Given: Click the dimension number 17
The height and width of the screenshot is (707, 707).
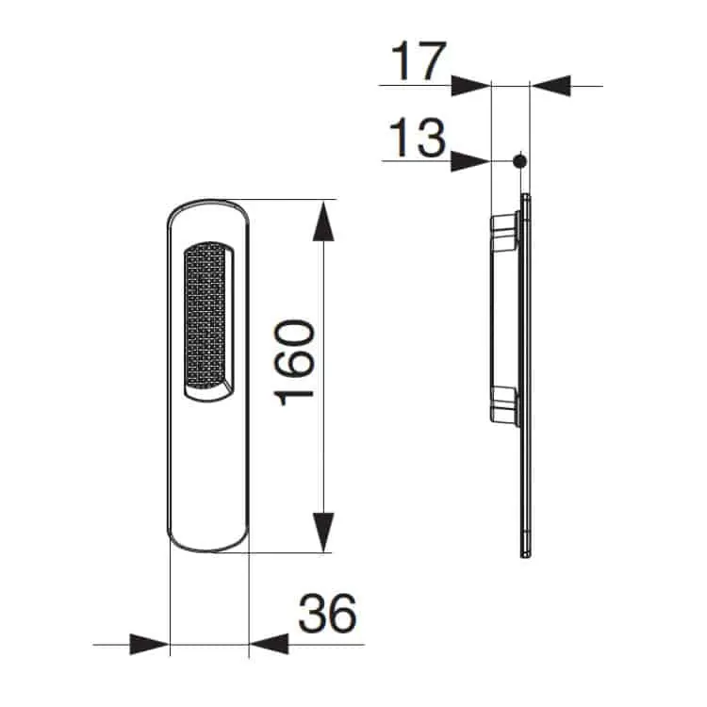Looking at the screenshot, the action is (x=419, y=61).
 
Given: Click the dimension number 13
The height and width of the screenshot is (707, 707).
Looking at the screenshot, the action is (x=418, y=138).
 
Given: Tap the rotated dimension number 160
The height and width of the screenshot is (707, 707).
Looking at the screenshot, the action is (x=293, y=363).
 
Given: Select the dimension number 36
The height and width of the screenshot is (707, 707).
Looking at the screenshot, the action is (x=327, y=614).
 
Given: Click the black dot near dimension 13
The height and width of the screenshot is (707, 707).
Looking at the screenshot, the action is (x=519, y=161).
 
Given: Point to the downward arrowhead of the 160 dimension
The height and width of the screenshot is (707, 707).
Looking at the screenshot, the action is (x=323, y=532).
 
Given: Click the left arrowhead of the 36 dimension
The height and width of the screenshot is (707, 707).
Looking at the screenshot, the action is (x=149, y=644).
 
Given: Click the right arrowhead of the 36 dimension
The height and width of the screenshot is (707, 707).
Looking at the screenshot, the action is (x=269, y=644).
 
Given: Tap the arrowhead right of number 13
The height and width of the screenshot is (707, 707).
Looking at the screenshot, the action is (x=470, y=161).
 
